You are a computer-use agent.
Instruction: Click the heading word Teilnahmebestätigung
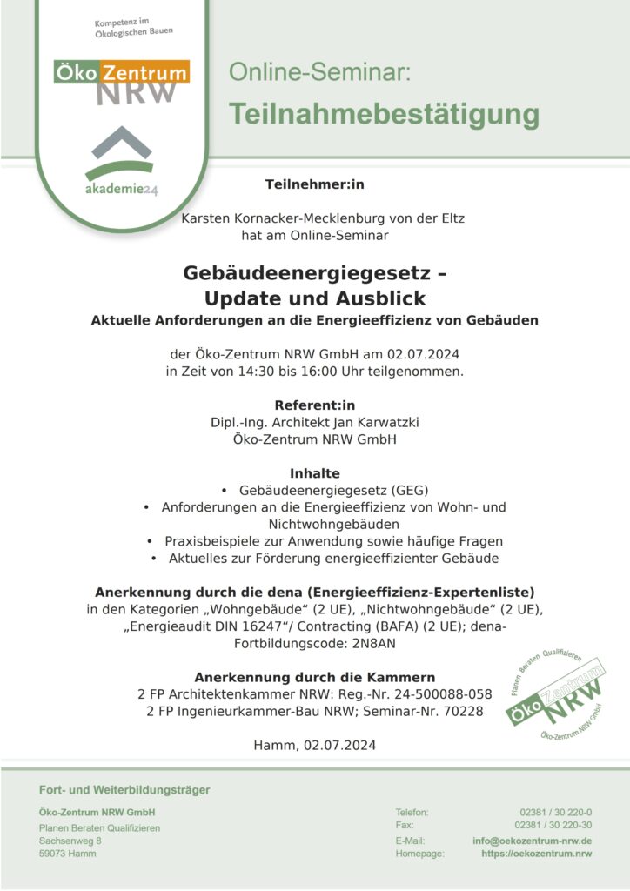tap(384, 114)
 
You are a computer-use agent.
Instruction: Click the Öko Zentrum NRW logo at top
tap(122, 80)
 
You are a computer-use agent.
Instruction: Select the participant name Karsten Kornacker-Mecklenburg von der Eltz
tap(323, 218)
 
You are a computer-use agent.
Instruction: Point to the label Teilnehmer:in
tap(315, 184)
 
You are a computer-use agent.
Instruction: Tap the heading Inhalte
tap(315, 472)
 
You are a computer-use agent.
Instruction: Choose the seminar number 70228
tap(463, 712)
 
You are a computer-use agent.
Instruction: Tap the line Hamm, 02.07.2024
tap(314, 746)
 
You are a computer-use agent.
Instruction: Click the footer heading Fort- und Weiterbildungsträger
tap(124, 790)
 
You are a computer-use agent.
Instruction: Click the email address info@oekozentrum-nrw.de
tap(533, 841)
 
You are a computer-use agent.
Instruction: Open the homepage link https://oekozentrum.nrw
tap(536, 854)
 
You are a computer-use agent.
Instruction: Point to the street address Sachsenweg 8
tap(70, 841)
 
